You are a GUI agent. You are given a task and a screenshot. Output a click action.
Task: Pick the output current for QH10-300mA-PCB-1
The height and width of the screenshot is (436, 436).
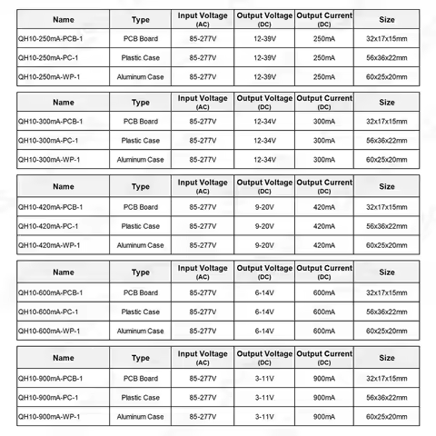324,121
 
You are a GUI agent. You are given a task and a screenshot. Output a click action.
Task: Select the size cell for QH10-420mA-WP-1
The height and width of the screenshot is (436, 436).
386,245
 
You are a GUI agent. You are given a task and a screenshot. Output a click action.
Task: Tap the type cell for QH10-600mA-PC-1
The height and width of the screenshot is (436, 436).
141,312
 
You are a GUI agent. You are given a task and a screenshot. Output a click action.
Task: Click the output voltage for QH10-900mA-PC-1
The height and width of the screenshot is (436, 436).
264,397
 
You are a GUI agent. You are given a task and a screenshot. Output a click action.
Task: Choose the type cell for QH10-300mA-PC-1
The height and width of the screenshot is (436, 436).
141,140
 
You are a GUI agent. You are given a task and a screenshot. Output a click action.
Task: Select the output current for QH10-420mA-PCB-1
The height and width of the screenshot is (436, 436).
324,207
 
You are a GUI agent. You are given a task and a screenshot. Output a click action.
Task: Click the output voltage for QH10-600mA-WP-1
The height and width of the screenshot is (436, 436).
264,331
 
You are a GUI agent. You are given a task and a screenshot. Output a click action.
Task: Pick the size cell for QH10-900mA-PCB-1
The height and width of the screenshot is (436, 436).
386,378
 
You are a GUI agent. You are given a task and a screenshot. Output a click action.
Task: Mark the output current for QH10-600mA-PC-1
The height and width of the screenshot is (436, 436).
324,312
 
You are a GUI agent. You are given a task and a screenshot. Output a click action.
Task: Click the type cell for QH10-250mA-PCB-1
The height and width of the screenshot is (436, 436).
141,40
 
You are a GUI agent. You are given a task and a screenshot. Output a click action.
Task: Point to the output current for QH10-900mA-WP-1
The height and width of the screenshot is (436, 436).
324,416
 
